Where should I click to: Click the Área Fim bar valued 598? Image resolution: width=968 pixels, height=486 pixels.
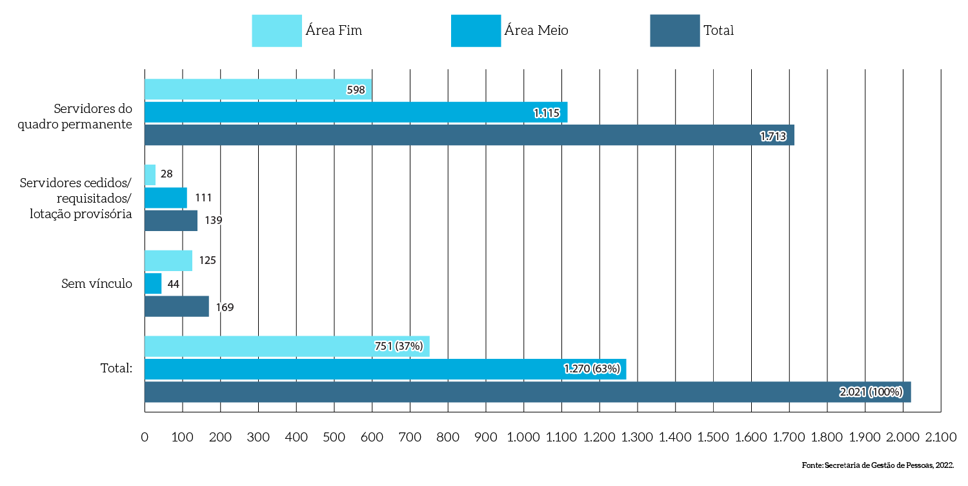coord(258,90)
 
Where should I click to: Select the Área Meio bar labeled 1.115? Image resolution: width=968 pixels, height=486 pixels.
coord(355,112)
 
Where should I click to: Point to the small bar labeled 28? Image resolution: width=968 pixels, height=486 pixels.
coord(150,174)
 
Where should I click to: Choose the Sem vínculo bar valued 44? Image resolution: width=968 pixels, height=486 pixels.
coord(153,283)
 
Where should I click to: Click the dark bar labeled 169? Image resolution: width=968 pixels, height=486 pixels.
coord(177,307)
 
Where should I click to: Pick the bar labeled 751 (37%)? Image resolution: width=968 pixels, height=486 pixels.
coord(287,346)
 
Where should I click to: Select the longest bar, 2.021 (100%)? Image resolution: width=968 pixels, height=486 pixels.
coord(527,392)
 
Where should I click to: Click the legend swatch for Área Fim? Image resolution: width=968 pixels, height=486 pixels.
coord(277,31)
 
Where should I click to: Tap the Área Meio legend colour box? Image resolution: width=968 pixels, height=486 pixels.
coord(476,31)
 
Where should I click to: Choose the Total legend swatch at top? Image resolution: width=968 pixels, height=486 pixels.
coord(675,31)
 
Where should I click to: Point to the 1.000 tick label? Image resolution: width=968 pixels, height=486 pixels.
coord(523,438)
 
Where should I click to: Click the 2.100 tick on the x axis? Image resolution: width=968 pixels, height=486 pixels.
coord(941,438)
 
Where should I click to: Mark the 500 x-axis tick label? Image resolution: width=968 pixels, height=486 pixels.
coord(334,438)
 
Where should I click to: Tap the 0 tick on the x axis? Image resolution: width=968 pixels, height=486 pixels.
coord(145,438)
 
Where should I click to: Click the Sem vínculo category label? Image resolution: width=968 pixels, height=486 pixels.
coord(97,283)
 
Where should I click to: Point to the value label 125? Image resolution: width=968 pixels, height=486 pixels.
coord(207,261)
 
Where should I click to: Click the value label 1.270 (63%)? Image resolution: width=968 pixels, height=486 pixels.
coord(592,369)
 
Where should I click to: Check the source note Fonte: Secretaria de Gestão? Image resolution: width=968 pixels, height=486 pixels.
coord(878,465)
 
